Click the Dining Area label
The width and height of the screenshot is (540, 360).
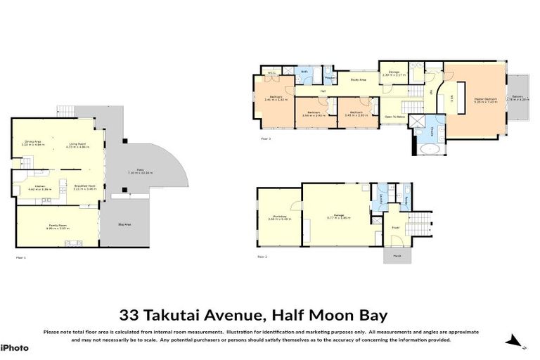pyautogui.click(x=31, y=142)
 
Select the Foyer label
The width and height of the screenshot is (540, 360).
pyautogui.click(x=396, y=227)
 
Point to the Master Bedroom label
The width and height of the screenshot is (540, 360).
pyautogui.click(x=485, y=99)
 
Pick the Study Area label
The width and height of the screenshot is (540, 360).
pyautogui.click(x=357, y=81)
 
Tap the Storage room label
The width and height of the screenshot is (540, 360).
pyautogui.click(x=391, y=73)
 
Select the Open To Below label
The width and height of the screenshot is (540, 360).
pyautogui.click(x=394, y=117)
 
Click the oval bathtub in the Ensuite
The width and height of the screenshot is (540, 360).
pyautogui.click(x=430, y=150)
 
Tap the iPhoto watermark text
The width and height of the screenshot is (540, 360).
pyautogui.click(x=14, y=347)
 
